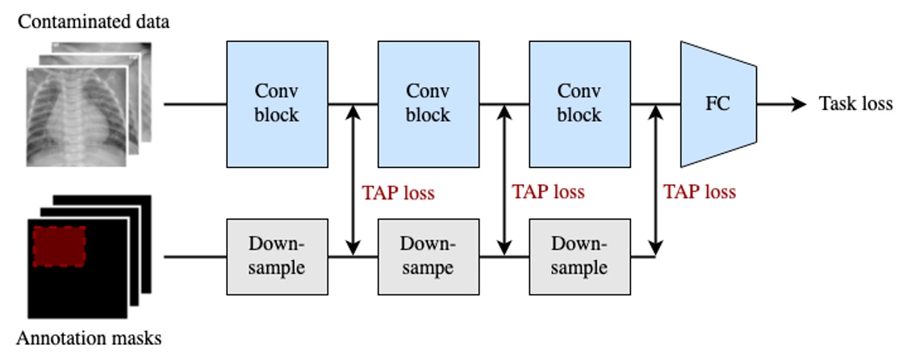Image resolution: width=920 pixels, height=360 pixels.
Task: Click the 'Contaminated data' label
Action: coord(94,21)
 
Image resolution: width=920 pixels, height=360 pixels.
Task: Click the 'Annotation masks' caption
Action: coord(90,338)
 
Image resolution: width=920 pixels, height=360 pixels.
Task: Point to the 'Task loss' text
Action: coord(855,104)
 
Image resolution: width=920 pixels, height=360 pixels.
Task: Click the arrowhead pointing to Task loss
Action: coord(799,104)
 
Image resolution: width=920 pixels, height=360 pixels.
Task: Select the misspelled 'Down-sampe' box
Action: coord(428,256)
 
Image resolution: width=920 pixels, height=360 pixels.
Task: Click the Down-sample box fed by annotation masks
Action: coord(277,256)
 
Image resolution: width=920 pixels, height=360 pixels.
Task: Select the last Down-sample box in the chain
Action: coord(579,256)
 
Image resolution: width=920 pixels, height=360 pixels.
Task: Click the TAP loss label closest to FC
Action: coord(699,192)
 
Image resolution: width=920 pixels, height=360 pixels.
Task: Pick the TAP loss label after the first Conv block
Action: coord(398,193)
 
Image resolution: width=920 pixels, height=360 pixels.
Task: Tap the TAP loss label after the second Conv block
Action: coord(548,192)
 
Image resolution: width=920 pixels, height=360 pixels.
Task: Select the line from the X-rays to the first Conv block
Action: coord(194,104)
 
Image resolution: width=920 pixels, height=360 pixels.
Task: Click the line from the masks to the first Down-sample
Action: coord(194,257)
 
